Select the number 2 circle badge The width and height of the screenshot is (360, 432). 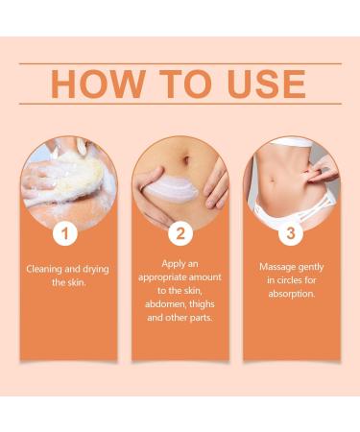pos(180,233)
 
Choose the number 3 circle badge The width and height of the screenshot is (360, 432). pos(291,233)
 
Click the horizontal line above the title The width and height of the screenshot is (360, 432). pos(180,63)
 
